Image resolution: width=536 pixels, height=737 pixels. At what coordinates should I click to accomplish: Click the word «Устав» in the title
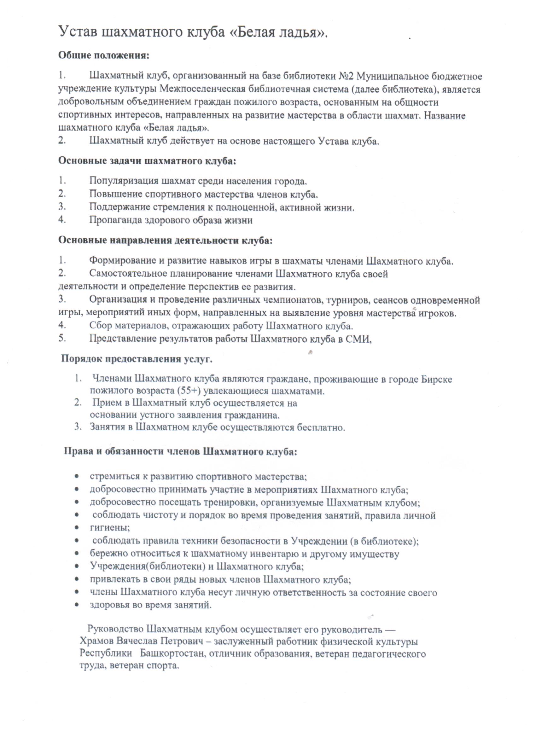click(78, 32)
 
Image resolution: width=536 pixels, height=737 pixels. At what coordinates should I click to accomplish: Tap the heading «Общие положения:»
click(104, 55)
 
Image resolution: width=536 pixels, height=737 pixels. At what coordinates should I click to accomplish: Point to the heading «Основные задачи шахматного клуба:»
click(147, 161)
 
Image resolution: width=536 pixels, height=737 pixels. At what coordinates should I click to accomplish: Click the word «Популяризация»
click(123, 181)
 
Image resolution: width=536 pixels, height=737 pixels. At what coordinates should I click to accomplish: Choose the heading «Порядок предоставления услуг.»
click(137, 359)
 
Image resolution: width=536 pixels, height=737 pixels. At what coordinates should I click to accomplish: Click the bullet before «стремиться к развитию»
click(77, 477)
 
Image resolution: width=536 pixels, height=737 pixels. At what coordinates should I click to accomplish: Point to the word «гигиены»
click(109, 528)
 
